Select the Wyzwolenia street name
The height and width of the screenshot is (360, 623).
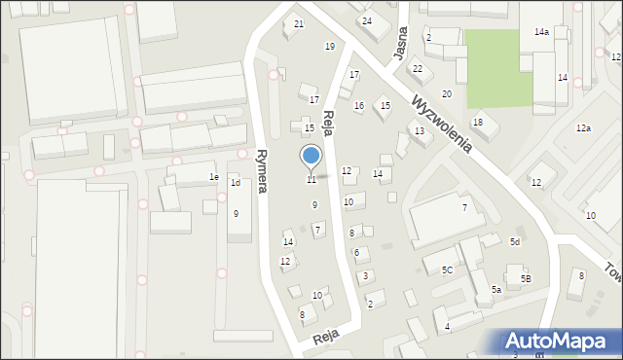click(x=442, y=125)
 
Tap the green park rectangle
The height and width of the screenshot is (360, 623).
click(x=499, y=67)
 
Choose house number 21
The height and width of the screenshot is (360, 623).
click(x=299, y=23)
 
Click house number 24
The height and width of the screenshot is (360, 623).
click(x=367, y=20)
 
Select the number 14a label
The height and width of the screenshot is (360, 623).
click(x=541, y=32)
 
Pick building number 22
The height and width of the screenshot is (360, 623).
click(x=417, y=68)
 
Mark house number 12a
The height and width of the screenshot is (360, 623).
click(x=583, y=128)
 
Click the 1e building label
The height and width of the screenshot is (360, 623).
click(x=214, y=177)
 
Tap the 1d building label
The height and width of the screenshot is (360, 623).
click(x=235, y=183)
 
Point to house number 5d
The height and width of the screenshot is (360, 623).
click(x=515, y=241)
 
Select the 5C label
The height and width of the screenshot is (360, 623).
click(x=447, y=270)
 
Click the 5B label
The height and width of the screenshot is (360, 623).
click(x=526, y=279)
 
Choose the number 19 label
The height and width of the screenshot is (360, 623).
click(x=330, y=47)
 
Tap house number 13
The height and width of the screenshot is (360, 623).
click(x=419, y=130)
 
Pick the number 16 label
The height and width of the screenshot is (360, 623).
click(x=358, y=106)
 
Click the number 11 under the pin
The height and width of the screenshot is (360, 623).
click(x=311, y=180)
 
